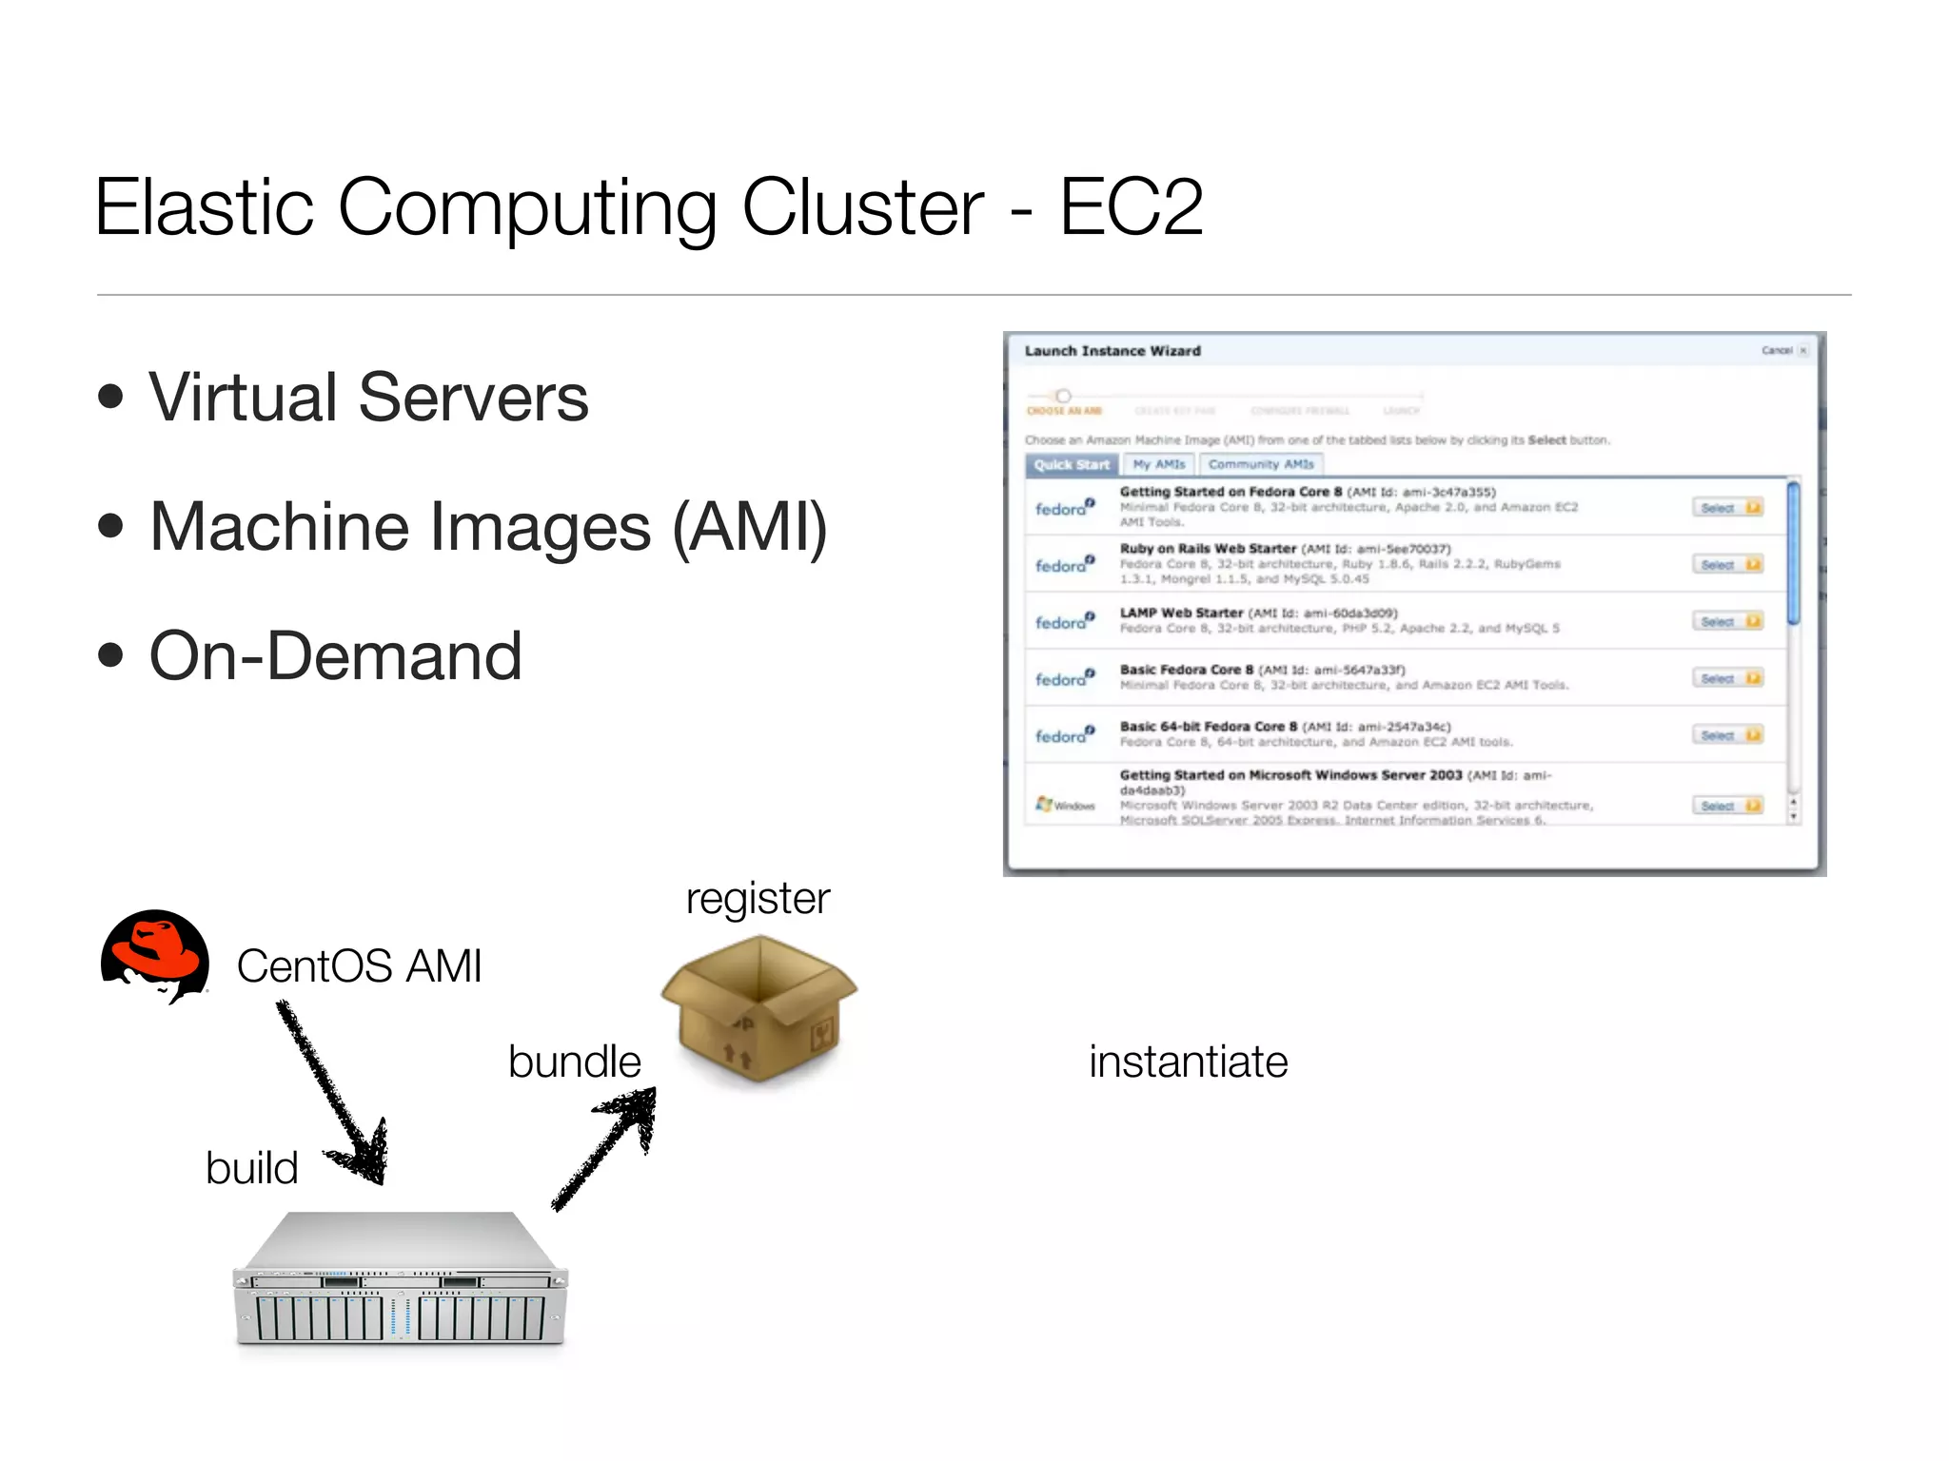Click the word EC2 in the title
(1131, 206)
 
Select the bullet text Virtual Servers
(368, 398)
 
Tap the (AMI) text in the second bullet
(750, 527)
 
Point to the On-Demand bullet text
(335, 656)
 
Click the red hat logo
(155, 955)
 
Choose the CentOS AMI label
(359, 966)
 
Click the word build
(251, 1168)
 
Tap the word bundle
(574, 1062)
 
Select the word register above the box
(758, 898)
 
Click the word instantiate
(1188, 1062)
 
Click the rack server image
(400, 1280)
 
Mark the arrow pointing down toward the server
(333, 1094)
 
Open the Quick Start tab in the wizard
(1072, 465)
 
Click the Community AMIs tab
(1260, 464)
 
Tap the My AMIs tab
(1158, 464)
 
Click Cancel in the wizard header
(1778, 351)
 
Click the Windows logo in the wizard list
(1045, 805)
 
